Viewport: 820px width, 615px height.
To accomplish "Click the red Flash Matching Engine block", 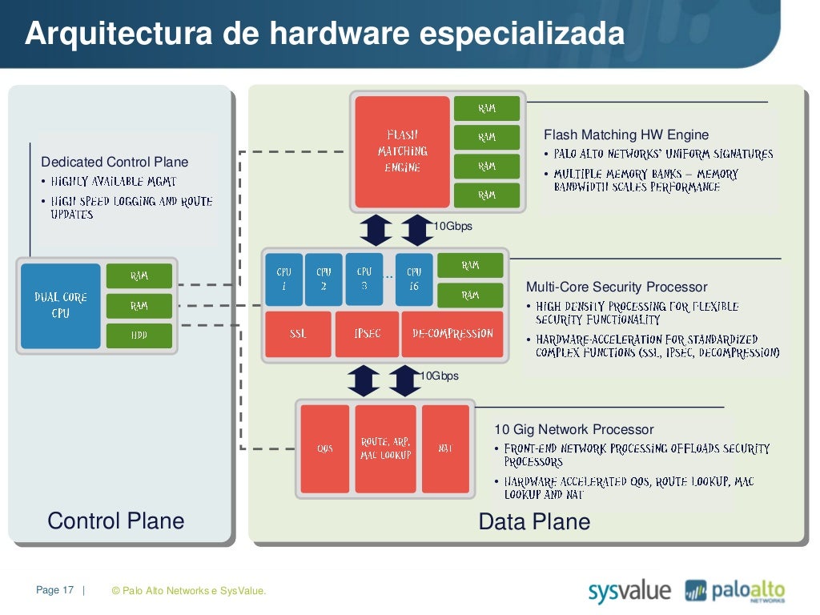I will (x=402, y=152).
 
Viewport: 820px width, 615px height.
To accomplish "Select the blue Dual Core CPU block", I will (x=61, y=306).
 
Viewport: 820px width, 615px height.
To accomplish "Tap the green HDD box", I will (x=139, y=335).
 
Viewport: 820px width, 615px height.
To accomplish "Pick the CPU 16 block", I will (x=414, y=279).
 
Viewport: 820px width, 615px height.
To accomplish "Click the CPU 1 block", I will (x=283, y=279).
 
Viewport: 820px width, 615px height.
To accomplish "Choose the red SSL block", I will (x=298, y=334).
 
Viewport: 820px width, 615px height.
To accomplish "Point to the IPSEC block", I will (x=367, y=334).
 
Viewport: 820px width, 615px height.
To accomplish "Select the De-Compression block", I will (x=453, y=334).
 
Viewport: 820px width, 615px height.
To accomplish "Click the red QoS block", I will (x=324, y=448).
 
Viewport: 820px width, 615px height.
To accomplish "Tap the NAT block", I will (x=445, y=448).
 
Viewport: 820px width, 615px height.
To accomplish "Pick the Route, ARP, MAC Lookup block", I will (x=385, y=448).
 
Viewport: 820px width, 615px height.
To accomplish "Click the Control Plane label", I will (x=116, y=521).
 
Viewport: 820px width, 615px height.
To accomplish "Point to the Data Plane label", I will (x=534, y=522).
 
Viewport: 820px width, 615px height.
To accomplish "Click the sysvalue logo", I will (x=629, y=592).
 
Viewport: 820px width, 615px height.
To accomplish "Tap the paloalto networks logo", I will (x=735, y=592).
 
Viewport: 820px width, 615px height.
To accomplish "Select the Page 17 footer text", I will (x=54, y=591).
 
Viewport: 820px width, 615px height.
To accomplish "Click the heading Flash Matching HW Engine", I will (x=626, y=135).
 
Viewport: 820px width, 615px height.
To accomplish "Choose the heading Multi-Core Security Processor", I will (x=617, y=287).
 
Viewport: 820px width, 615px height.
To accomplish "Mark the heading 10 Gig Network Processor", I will (x=573, y=430).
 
